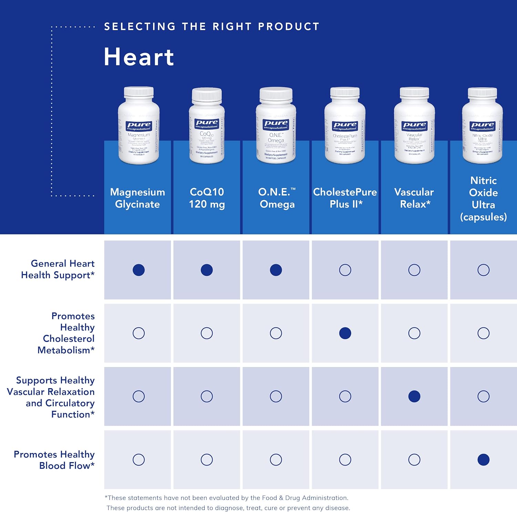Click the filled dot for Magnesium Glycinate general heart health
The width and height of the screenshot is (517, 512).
click(x=139, y=270)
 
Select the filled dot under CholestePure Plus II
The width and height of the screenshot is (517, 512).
click(x=345, y=333)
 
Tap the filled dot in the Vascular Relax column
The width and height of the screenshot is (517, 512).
click(x=414, y=396)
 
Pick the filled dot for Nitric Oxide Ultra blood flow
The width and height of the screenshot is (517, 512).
click(x=484, y=460)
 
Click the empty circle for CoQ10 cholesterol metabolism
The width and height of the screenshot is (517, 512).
click(x=207, y=333)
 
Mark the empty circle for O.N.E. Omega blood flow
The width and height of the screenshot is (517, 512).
click(x=276, y=460)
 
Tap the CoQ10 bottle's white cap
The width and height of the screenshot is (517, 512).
click(x=207, y=94)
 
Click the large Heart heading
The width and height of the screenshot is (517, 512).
click(x=139, y=57)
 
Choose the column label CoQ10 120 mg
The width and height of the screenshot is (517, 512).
click(x=207, y=198)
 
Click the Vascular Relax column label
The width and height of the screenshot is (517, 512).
click(x=414, y=198)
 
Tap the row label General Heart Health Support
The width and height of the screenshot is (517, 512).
click(x=58, y=269)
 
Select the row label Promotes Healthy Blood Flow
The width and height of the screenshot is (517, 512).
click(x=54, y=460)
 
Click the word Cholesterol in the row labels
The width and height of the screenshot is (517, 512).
click(x=69, y=339)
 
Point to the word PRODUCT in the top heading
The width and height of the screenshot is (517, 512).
click(x=288, y=27)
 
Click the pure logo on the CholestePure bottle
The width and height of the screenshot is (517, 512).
click(x=345, y=126)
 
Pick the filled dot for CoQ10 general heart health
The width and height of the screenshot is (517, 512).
click(x=207, y=270)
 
